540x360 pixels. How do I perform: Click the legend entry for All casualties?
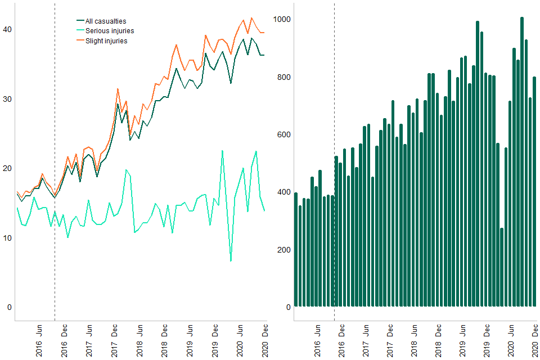click(106, 21)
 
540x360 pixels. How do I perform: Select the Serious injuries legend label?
click(110, 31)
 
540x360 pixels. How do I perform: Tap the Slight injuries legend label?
click(106, 40)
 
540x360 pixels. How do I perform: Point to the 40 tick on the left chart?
click(8, 29)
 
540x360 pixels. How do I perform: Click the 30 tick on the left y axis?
click(8, 99)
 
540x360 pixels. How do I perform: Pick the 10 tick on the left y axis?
click(8, 238)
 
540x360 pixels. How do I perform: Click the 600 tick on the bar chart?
click(284, 135)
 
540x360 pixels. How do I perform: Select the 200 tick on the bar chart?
click(284, 250)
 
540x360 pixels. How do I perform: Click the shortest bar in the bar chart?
click(502, 267)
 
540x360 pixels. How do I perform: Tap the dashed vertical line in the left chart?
click(55, 169)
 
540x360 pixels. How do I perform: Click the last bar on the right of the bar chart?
click(534, 192)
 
